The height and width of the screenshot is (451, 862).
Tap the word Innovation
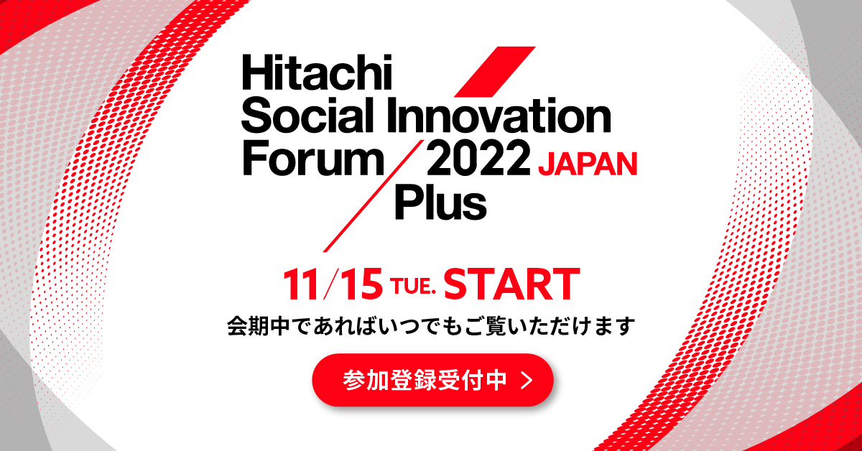point(499,117)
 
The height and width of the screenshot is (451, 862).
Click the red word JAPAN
point(588,164)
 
